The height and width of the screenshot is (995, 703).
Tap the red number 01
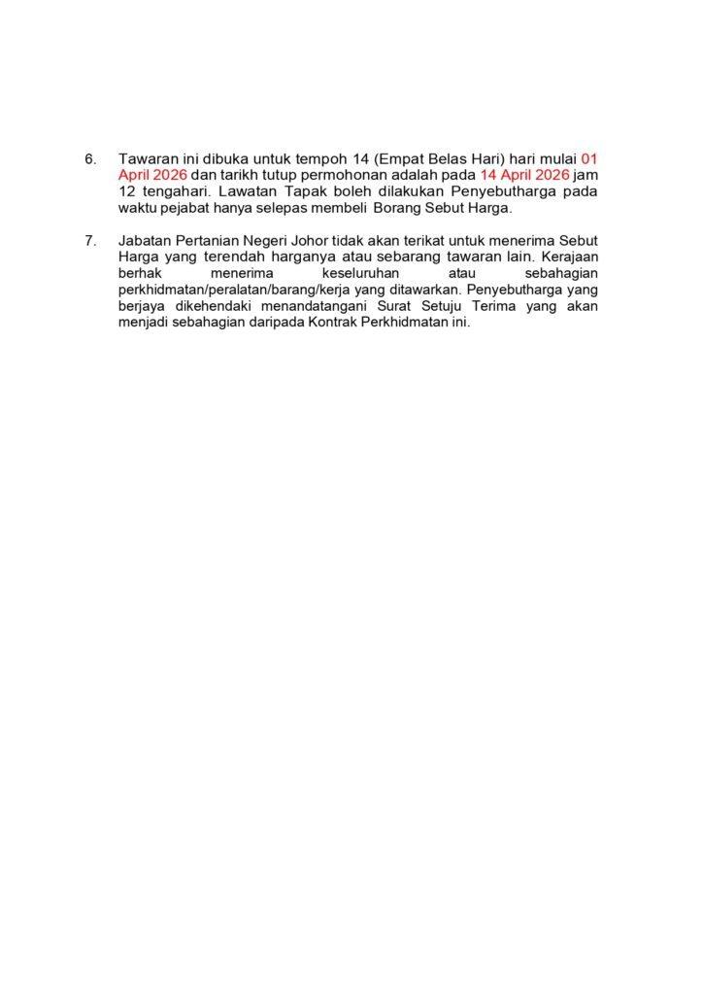pyautogui.click(x=588, y=158)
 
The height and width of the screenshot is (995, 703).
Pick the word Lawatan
pyautogui.click(x=248, y=191)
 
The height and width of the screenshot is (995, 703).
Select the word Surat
pyautogui.click(x=392, y=306)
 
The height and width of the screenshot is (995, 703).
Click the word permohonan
pyautogui.click(x=317, y=175)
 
